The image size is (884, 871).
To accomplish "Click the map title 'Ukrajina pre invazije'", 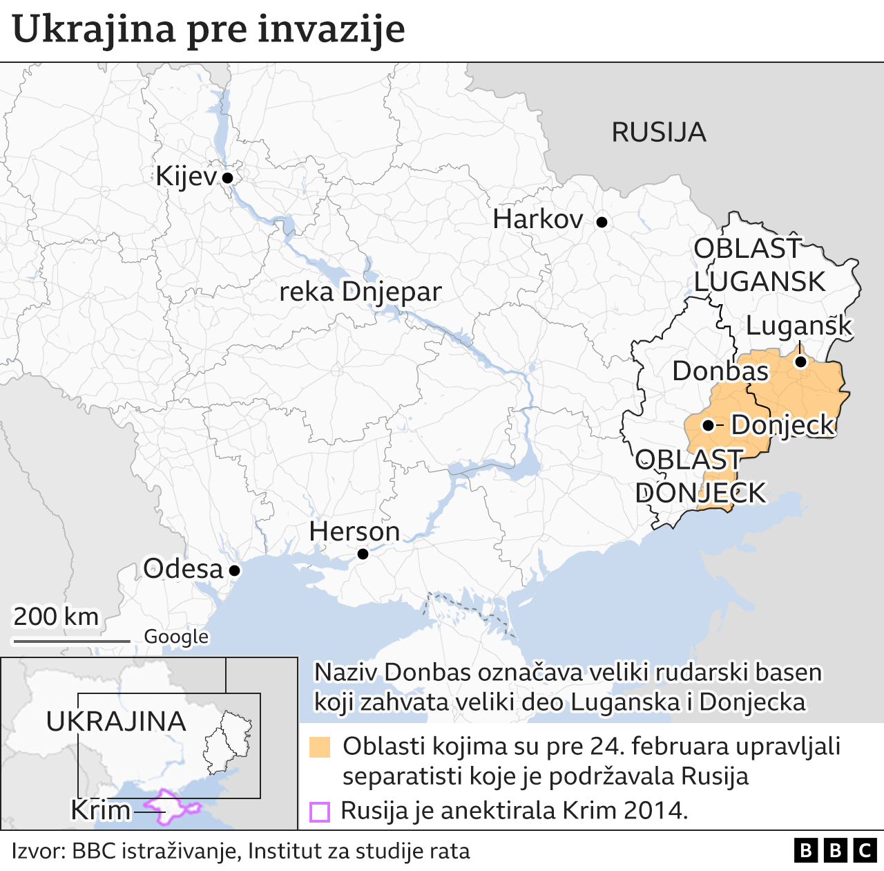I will pyautogui.click(x=209, y=29).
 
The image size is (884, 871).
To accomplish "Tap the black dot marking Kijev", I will pyautogui.click(x=227, y=178).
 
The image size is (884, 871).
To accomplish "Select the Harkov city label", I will pyautogui.click(x=538, y=220).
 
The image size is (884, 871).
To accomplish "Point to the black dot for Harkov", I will pyautogui.click(x=602, y=222).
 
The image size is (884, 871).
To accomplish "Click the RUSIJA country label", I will pyautogui.click(x=658, y=132).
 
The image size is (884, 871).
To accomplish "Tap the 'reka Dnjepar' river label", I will pyautogui.click(x=360, y=292).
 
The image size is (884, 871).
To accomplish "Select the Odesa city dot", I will pyautogui.click(x=234, y=570).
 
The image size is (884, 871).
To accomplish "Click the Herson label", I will pyautogui.click(x=354, y=532).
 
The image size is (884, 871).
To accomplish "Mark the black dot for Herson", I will pyautogui.click(x=363, y=554).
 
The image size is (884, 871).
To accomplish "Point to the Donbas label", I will pyautogui.click(x=720, y=371).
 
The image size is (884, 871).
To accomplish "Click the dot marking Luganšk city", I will pyautogui.click(x=800, y=362).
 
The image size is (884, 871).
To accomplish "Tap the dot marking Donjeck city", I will pyautogui.click(x=708, y=425).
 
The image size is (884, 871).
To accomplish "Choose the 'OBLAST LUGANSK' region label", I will pyautogui.click(x=758, y=265).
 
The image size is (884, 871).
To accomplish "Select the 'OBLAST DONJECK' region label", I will pyautogui.click(x=700, y=476).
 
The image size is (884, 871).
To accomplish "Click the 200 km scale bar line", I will pyautogui.click(x=72, y=641).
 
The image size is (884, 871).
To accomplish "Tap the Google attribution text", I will pyautogui.click(x=176, y=637).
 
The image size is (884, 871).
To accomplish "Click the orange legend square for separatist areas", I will pyautogui.click(x=320, y=747).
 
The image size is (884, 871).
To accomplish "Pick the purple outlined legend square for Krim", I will pyautogui.click(x=320, y=811).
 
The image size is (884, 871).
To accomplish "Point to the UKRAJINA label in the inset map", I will pyautogui.click(x=116, y=722).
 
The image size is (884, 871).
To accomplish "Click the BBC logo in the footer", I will pyautogui.click(x=835, y=850).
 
